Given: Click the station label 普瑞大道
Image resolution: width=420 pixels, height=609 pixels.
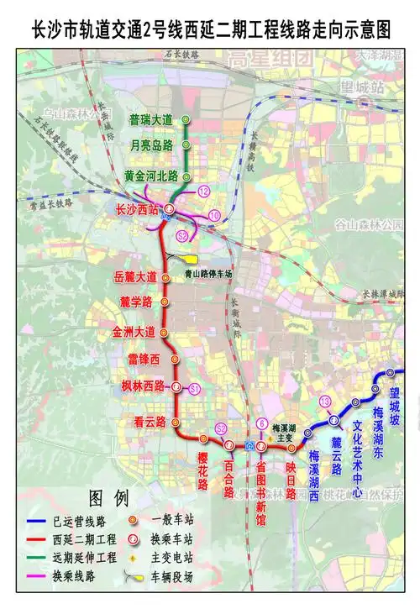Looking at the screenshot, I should (150, 120).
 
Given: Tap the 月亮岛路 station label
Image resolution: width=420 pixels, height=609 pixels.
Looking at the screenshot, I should (151, 145).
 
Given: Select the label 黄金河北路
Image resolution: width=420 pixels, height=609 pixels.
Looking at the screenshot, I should (151, 176).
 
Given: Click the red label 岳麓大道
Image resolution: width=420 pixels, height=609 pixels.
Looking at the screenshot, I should (134, 276).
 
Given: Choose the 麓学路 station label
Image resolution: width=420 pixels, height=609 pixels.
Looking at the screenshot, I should (135, 302).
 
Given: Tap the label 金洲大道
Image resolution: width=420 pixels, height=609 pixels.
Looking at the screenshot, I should (134, 332).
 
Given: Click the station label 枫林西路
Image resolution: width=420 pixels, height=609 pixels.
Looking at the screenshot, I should (139, 386).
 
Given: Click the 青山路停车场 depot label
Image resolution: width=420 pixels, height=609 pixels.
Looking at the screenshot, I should (208, 274).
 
